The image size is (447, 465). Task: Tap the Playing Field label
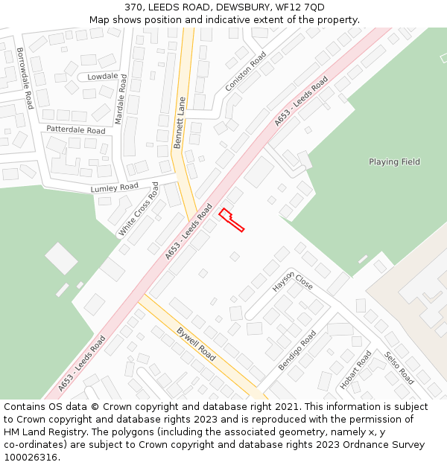click(394, 162)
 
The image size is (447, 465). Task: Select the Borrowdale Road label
click(25, 78)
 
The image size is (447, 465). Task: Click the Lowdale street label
click(102, 77)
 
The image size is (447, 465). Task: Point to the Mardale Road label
click(121, 98)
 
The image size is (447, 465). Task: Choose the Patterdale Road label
click(75, 129)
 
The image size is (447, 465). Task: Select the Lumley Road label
click(115, 187)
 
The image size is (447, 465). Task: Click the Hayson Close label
click(292, 280)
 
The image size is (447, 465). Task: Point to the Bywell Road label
click(197, 343)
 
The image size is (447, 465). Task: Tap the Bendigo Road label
click(297, 350)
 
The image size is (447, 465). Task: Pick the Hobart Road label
click(355, 370)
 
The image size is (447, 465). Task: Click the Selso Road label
click(399, 368)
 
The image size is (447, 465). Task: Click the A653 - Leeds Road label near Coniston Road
click(301, 100)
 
